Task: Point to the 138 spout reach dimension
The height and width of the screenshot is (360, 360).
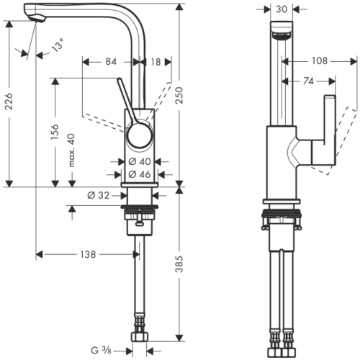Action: coord(88,254)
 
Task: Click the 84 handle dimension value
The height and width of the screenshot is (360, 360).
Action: coord(110,62)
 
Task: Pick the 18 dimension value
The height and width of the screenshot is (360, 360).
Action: coord(157,62)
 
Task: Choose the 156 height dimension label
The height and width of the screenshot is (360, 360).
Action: coord(55,133)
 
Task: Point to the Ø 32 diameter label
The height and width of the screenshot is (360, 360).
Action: coord(98,194)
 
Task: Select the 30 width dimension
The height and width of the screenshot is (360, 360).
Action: coord(280,9)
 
